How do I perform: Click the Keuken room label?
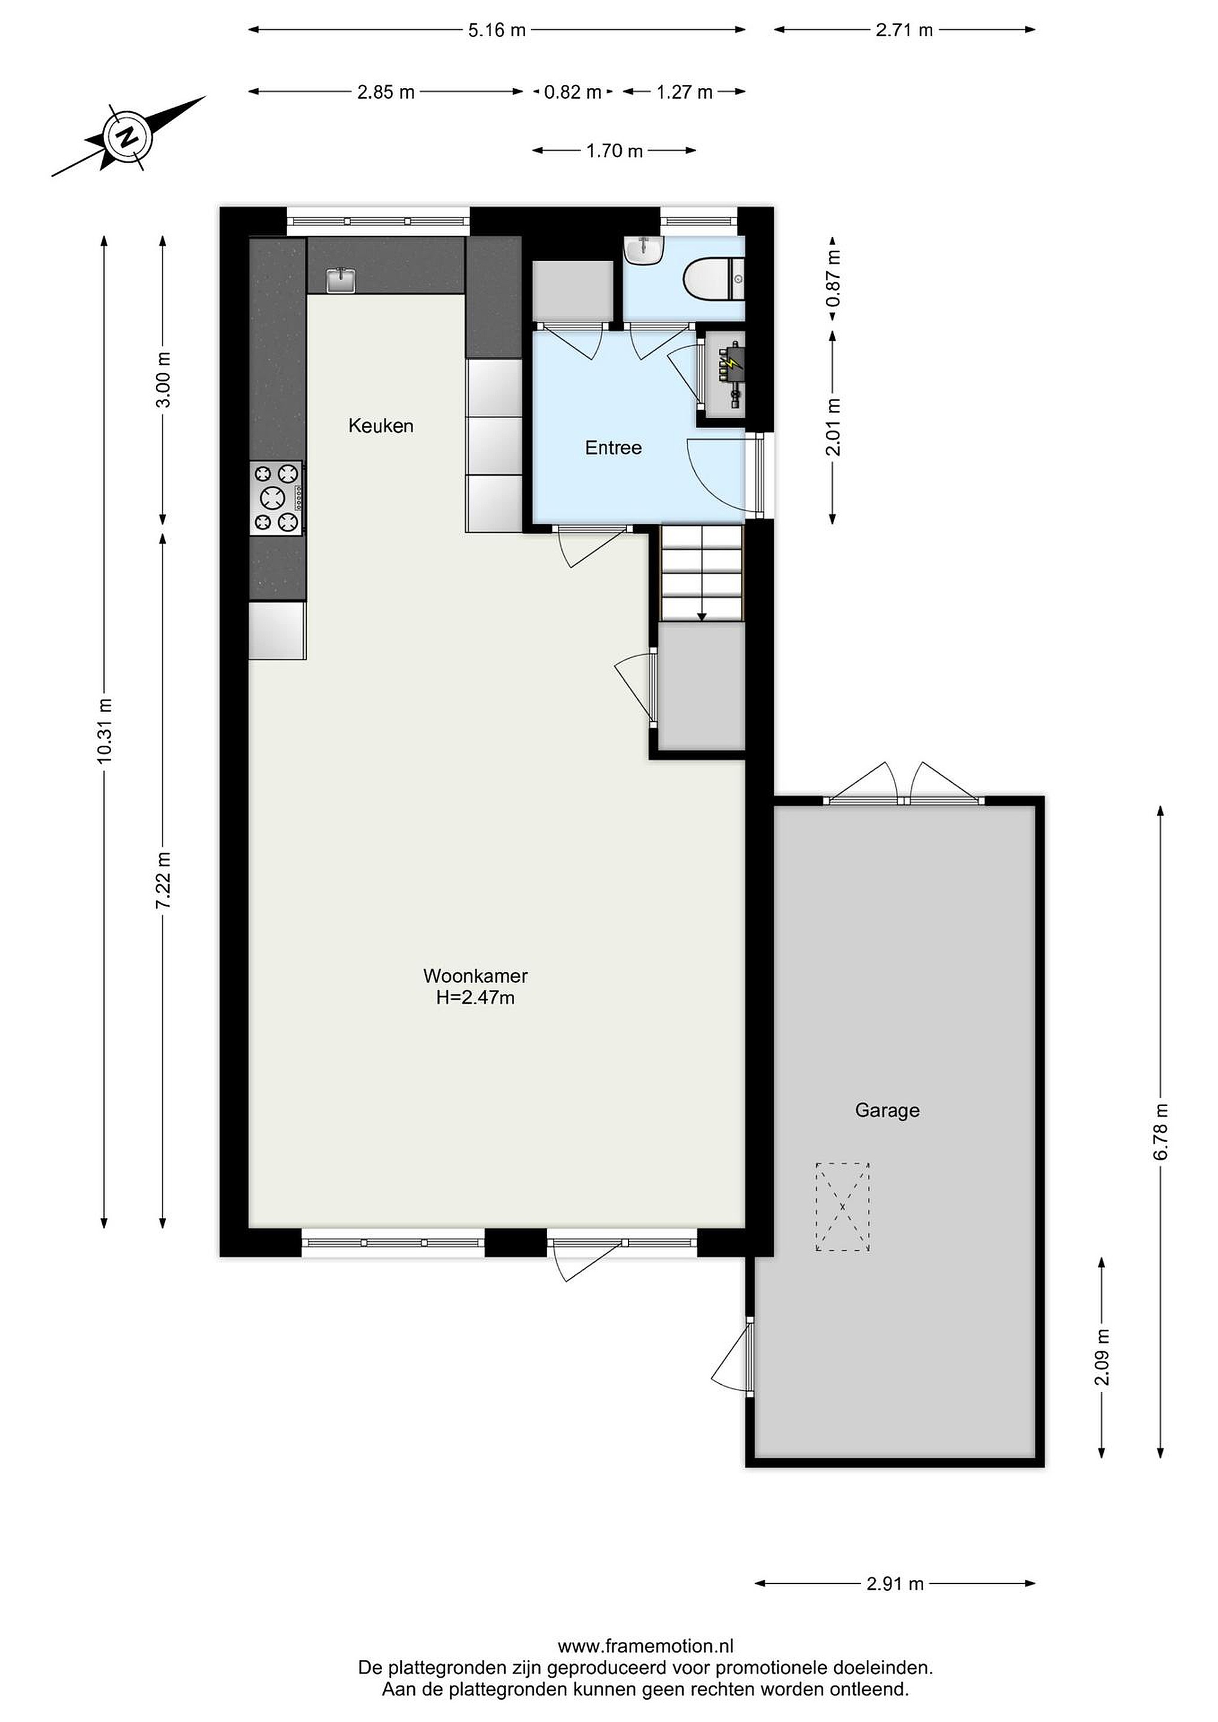380,426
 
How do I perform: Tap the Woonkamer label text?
475,976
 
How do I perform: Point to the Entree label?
613,448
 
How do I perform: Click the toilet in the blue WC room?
713,279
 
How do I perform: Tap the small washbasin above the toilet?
643,250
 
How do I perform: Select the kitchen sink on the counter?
342,279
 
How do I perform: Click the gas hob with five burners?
277,498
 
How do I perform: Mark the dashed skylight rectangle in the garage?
842,1207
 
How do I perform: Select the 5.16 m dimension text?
497,30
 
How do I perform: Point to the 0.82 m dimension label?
573,92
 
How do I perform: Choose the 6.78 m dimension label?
1161,1132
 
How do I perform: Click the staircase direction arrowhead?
702,616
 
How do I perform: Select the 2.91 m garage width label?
896,1583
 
